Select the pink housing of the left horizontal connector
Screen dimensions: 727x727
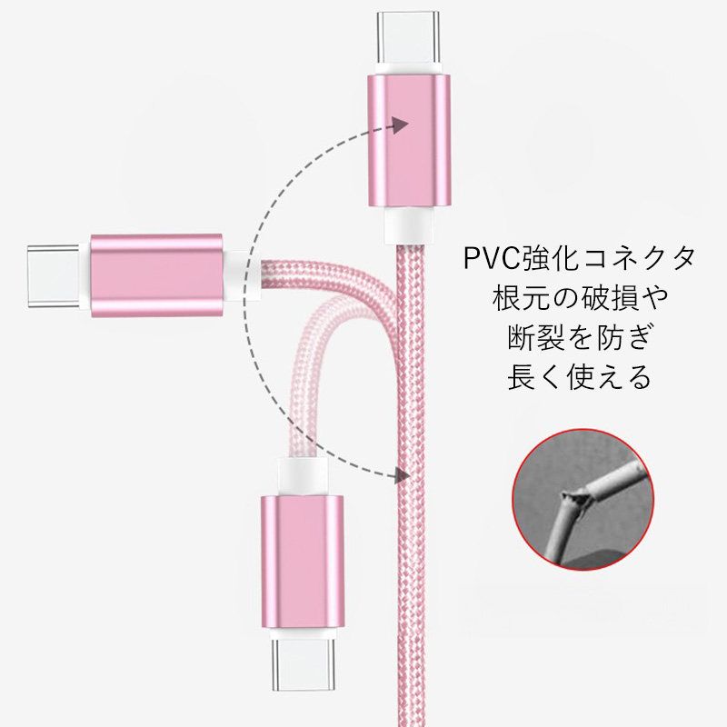click(x=156, y=275)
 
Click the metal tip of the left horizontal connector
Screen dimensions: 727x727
click(x=54, y=275)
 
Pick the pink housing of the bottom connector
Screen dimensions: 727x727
click(x=303, y=562)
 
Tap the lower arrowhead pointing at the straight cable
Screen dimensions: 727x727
click(x=402, y=474)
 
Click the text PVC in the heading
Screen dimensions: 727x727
click(x=493, y=258)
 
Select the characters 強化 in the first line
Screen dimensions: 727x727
click(x=551, y=258)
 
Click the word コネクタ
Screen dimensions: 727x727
click(x=639, y=258)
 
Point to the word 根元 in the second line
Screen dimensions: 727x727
click(x=522, y=298)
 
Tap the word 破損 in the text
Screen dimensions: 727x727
click(x=609, y=298)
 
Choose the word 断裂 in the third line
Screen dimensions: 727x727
click(x=536, y=337)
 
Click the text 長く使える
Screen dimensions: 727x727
click(x=580, y=377)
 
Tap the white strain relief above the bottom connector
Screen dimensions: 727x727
click(x=303, y=477)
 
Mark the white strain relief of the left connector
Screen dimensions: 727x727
click(x=242, y=275)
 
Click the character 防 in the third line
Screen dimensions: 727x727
click(x=609, y=337)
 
